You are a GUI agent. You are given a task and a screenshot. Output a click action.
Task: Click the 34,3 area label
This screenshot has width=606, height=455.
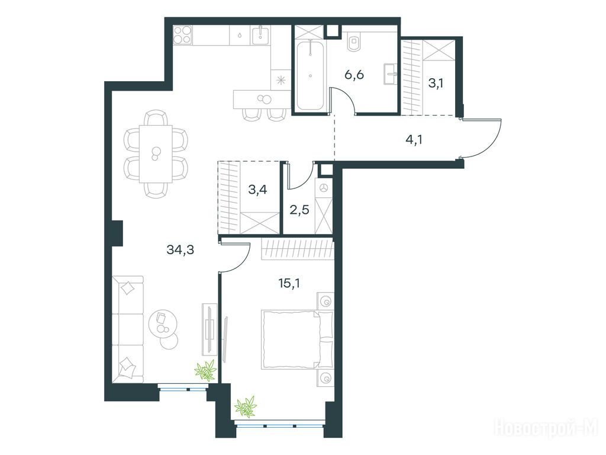pyautogui.click(x=180, y=250)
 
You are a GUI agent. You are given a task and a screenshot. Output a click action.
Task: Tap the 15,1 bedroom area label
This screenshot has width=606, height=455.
pyautogui.click(x=289, y=284)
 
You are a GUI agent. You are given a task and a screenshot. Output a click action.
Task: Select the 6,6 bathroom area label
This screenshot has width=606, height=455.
pyautogui.click(x=354, y=75)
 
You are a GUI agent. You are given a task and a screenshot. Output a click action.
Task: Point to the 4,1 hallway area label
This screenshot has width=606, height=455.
pyautogui.click(x=414, y=139)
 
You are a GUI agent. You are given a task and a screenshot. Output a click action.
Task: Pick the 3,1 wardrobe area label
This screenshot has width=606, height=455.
pyautogui.click(x=436, y=83)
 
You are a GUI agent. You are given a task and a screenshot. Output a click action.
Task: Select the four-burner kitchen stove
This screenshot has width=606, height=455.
pyautogui.click(x=182, y=34)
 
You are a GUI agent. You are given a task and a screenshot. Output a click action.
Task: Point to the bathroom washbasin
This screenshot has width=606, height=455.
pyautogui.click(x=391, y=74)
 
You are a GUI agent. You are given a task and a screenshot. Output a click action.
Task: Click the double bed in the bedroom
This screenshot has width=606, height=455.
pyautogui.click(x=297, y=339)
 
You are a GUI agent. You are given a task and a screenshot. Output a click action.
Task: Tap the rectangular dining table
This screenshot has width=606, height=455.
pyautogui.click(x=156, y=153)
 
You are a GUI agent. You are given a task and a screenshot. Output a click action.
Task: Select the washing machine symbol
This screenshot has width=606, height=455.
pyautogui.click(x=324, y=188)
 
